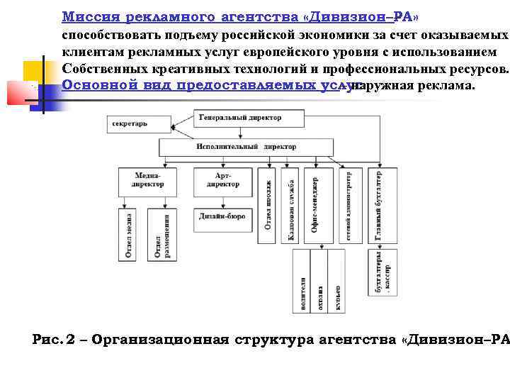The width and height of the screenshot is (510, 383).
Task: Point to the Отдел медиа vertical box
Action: tap(128, 235)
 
